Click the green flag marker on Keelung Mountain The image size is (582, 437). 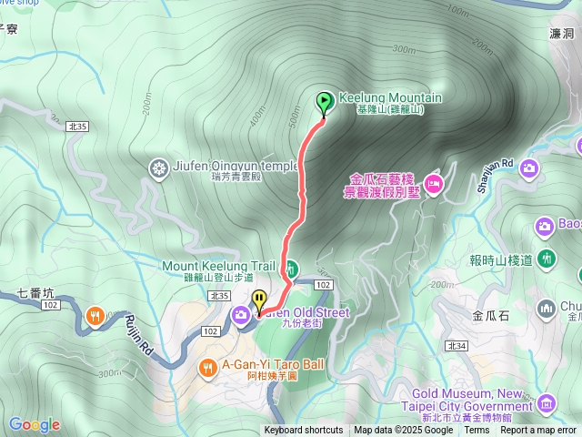tap(324, 103)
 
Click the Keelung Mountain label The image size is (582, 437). tap(390, 98)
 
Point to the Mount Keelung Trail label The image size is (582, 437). tap(218, 266)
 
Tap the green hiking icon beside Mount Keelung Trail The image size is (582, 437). tap(291, 268)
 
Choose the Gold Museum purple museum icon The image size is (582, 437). tap(547, 402)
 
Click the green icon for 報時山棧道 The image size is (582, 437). tap(546, 259)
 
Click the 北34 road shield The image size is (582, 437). tap(457, 346)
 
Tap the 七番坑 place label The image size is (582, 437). tap(36, 293)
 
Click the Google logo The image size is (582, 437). tap(35, 424)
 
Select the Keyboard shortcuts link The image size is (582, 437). tap(304, 431)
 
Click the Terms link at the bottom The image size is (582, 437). tap(477, 431)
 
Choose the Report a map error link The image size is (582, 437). tap(538, 431)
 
